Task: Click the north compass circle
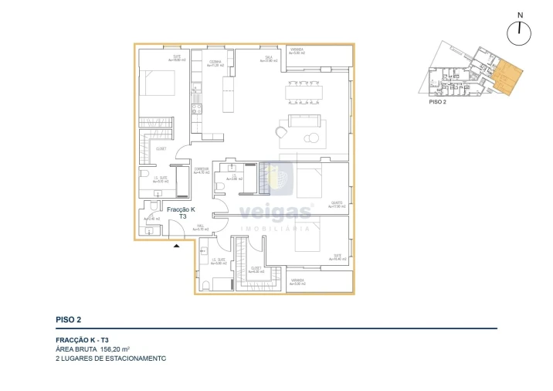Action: pyautogui.click(x=520, y=32)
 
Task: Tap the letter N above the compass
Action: pyautogui.click(x=520, y=14)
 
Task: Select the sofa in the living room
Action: pyautogui.click(x=307, y=122)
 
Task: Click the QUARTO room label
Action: pyautogui.click(x=336, y=204)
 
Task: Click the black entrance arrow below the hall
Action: pyautogui.click(x=177, y=246)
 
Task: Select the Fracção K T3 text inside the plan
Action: pyautogui.click(x=181, y=213)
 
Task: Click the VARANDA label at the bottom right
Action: pyautogui.click(x=297, y=281)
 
